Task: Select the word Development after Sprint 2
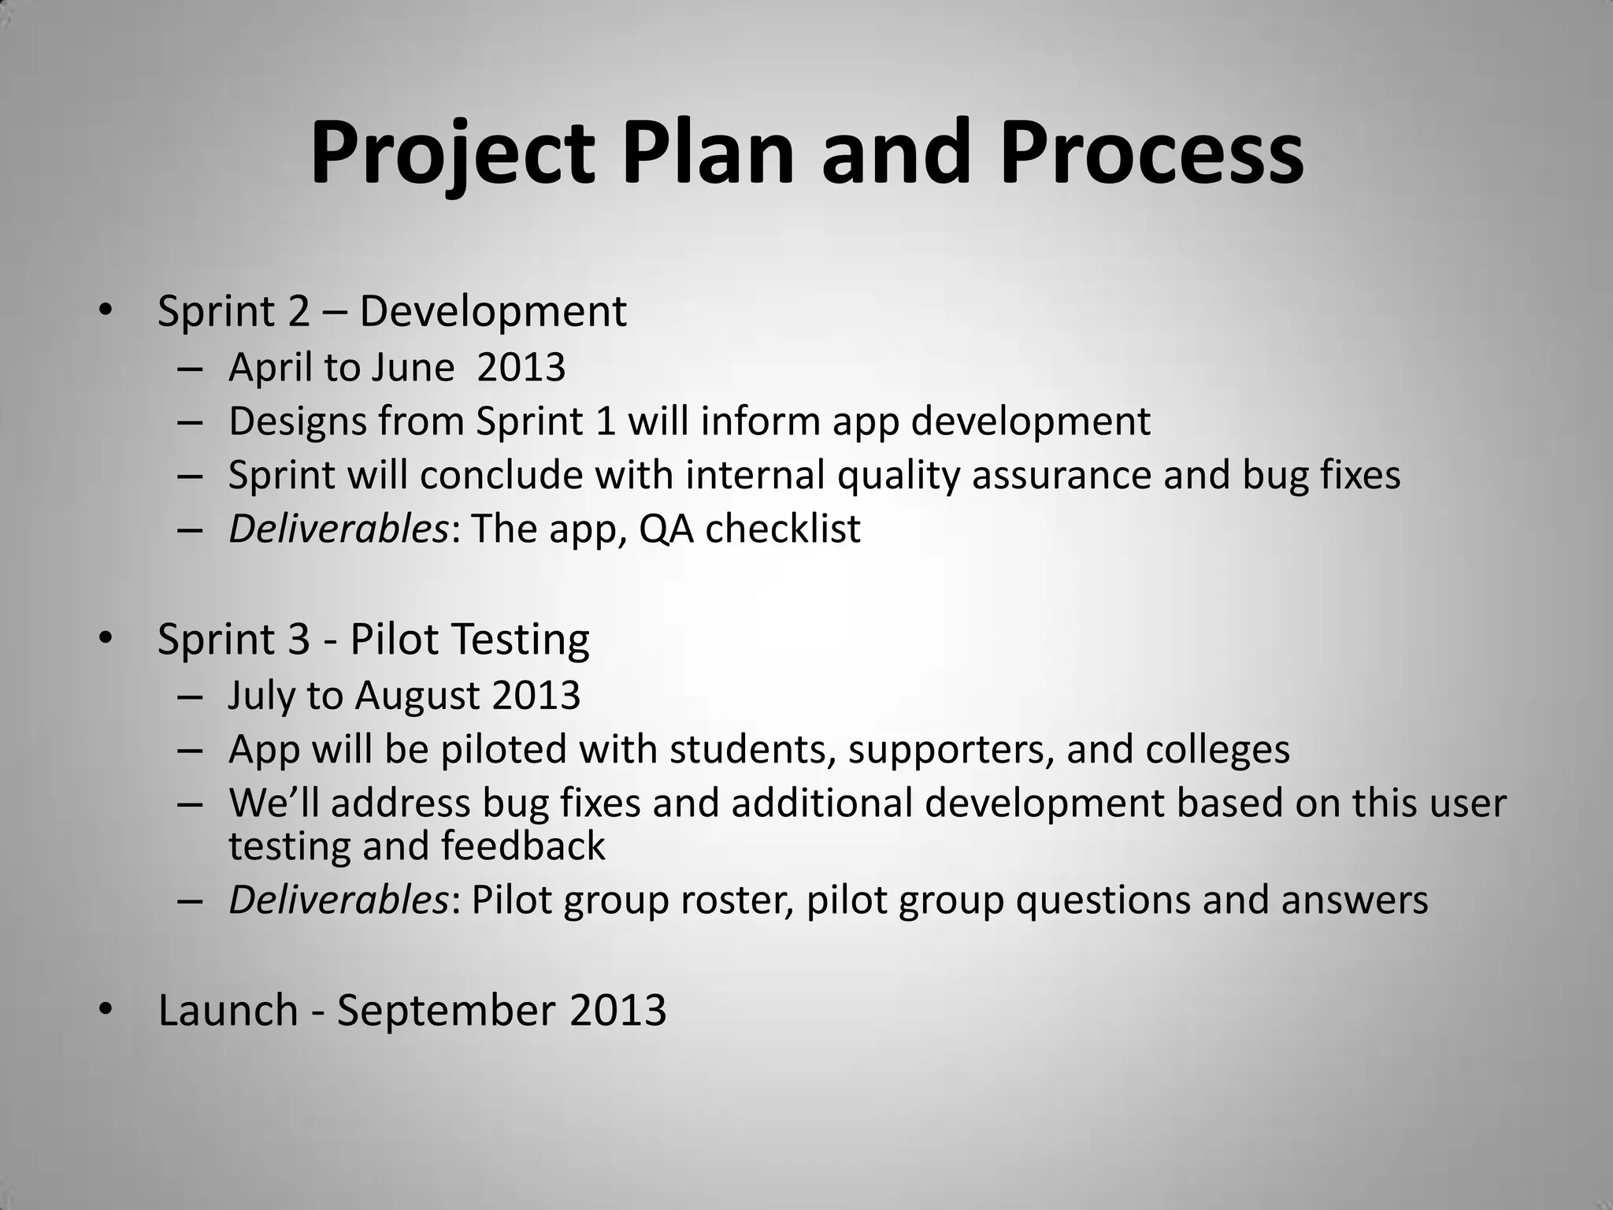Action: pyautogui.click(x=493, y=312)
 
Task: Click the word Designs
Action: pyautogui.click(x=297, y=421)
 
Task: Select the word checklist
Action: pyautogui.click(x=783, y=529)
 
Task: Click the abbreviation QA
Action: pyautogui.click(x=666, y=529)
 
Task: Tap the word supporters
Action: pyautogui.click(x=951, y=749)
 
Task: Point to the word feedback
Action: pyautogui.click(x=523, y=846)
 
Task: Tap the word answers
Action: pyautogui.click(x=1354, y=900)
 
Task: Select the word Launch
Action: pyautogui.click(x=228, y=1011)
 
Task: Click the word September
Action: pyautogui.click(x=449, y=1011)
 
